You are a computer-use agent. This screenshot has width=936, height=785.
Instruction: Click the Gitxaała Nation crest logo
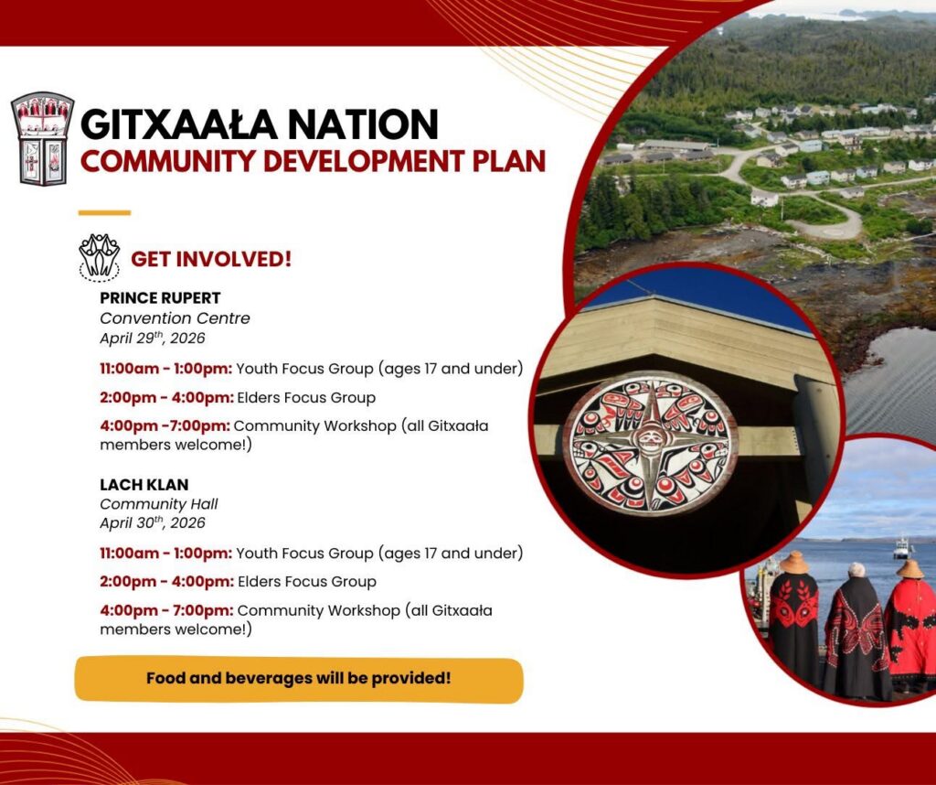(x=43, y=138)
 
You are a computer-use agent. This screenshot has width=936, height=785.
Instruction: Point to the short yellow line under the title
(x=104, y=212)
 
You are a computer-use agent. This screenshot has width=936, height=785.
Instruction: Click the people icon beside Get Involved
(x=99, y=257)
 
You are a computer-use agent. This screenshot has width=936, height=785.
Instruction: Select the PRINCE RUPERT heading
(x=160, y=297)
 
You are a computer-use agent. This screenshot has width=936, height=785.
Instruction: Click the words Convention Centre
(x=175, y=317)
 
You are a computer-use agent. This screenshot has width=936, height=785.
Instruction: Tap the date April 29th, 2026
(x=153, y=339)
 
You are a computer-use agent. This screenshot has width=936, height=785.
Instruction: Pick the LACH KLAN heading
(x=144, y=485)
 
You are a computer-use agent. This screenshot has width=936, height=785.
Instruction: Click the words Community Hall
(x=159, y=504)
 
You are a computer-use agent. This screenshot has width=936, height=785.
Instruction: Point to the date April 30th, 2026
(x=153, y=522)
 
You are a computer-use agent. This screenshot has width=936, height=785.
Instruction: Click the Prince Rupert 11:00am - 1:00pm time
(x=166, y=369)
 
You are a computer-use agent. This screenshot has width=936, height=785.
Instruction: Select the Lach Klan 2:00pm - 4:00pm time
(x=166, y=581)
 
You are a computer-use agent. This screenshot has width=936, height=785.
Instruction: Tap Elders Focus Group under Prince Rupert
(x=306, y=397)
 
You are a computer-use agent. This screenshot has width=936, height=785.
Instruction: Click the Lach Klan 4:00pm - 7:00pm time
(x=166, y=610)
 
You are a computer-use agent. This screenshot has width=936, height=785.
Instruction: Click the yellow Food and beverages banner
(x=299, y=679)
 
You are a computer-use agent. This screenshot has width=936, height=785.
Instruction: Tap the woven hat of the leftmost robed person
(x=794, y=563)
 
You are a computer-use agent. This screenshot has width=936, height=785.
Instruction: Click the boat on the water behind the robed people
(x=902, y=548)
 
